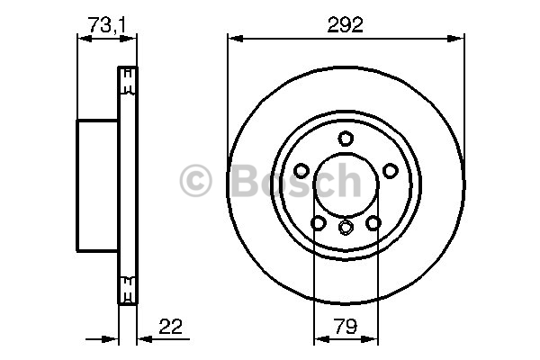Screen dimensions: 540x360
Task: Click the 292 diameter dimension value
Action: (x=345, y=25)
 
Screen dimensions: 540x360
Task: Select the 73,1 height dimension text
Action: (x=107, y=25)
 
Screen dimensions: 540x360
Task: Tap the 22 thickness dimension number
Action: (x=170, y=326)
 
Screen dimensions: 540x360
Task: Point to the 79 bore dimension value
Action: (x=346, y=326)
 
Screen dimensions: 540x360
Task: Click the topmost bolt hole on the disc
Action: (x=346, y=139)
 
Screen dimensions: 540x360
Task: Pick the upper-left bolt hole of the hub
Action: (x=301, y=170)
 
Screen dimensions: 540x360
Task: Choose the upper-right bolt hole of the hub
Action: (x=391, y=170)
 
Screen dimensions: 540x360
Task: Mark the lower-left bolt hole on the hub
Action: (x=319, y=223)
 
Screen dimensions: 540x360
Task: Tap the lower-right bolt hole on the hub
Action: (x=373, y=223)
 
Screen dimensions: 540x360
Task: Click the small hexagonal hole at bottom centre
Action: (x=346, y=228)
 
